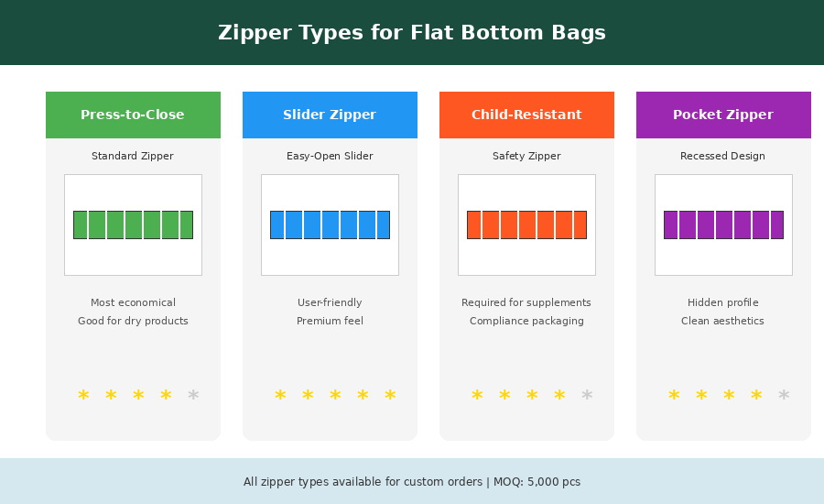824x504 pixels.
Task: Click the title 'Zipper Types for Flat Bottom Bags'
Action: click(412, 33)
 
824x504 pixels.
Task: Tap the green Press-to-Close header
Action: click(133, 115)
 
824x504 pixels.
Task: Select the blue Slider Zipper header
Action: click(330, 115)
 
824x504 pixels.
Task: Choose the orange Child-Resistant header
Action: click(526, 115)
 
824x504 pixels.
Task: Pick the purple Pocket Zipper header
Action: click(723, 115)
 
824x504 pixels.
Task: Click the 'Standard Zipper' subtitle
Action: click(133, 157)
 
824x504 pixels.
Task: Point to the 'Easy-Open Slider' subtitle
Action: click(330, 157)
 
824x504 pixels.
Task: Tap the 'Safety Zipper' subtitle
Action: click(526, 157)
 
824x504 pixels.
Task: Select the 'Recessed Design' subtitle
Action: click(723, 157)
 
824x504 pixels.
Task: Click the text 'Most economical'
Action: click(133, 303)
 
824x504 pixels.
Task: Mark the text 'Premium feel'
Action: click(330, 322)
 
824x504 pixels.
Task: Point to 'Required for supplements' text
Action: click(526, 303)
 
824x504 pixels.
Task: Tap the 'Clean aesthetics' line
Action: click(723, 322)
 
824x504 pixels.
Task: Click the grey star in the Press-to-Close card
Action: click(193, 396)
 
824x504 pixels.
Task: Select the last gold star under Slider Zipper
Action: click(390, 396)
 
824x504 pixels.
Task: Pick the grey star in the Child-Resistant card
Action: click(587, 396)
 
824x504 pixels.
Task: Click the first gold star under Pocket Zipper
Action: click(674, 396)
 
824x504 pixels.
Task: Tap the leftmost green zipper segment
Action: click(81, 225)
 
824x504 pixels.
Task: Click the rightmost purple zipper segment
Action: click(777, 225)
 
